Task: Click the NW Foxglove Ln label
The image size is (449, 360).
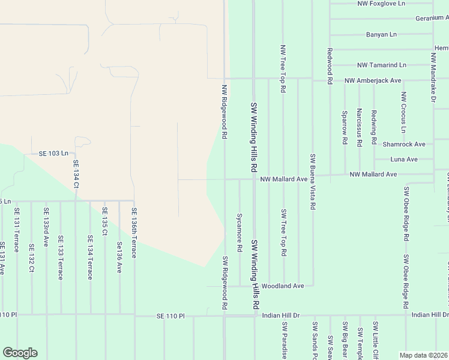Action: pyautogui.click(x=381, y=4)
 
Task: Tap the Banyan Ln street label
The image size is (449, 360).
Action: pyautogui.click(x=381, y=35)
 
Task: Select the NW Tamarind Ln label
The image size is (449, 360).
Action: pyautogui.click(x=382, y=65)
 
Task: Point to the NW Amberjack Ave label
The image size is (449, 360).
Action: pyautogui.click(x=373, y=80)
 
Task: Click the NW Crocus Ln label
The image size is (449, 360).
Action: pyautogui.click(x=404, y=112)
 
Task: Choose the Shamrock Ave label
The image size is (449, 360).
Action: pyautogui.click(x=404, y=145)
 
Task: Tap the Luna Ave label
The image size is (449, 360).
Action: pyautogui.click(x=404, y=160)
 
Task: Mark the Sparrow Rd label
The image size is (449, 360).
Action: pyautogui.click(x=345, y=127)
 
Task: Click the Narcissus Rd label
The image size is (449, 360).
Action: pyautogui.click(x=359, y=127)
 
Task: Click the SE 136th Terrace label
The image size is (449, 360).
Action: pyautogui.click(x=134, y=233)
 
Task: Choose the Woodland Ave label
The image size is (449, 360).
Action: pyautogui.click(x=283, y=286)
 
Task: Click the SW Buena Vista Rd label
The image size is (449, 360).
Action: pyautogui.click(x=313, y=181)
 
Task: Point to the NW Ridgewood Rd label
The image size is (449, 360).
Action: pyautogui.click(x=224, y=112)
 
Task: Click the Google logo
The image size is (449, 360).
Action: pyautogui.click(x=20, y=353)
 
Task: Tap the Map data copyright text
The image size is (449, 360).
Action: pyautogui.click(x=423, y=355)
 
